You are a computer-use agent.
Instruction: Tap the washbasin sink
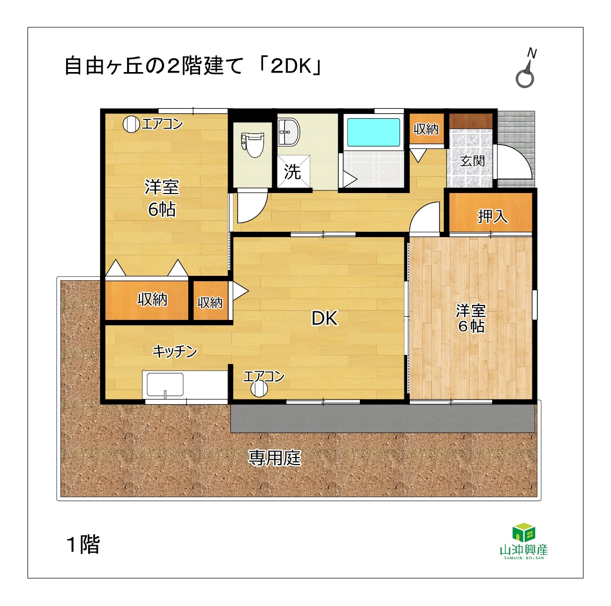point(289,132)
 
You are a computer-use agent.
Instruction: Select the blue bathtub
point(373,132)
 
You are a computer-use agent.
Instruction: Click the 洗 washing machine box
point(294,171)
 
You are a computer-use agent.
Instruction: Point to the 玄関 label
point(472,160)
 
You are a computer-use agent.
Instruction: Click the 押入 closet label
point(493,216)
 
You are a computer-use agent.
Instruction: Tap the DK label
point(324,318)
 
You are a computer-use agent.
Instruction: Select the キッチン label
point(175,351)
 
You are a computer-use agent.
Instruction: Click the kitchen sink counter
point(185,385)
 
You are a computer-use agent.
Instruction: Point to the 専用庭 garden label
point(275,458)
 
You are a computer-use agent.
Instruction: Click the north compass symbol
point(526,68)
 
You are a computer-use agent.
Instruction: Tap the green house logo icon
point(524,532)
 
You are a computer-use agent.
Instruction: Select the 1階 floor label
point(83,544)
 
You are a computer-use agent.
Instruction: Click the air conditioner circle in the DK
point(259,389)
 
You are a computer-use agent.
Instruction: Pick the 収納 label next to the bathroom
point(427,129)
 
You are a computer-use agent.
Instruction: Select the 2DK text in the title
point(290,66)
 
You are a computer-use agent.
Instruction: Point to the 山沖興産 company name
point(524,550)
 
